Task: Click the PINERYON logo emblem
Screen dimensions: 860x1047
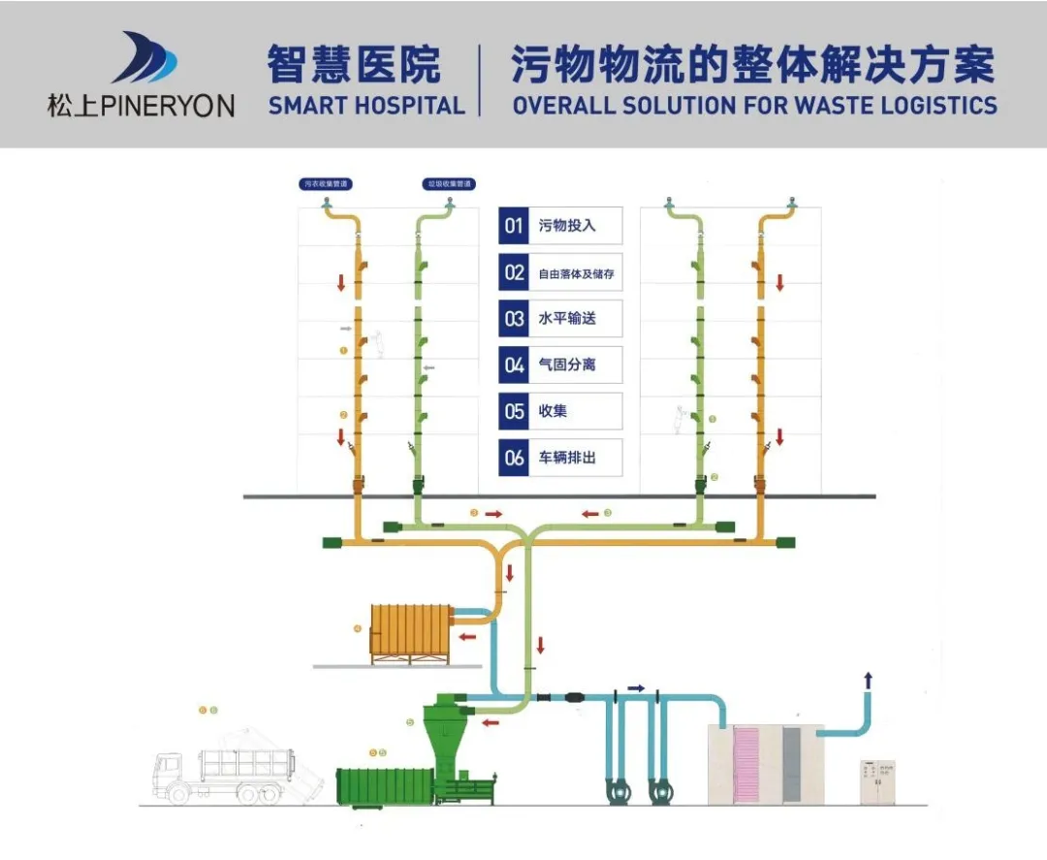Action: pyautogui.click(x=144, y=58)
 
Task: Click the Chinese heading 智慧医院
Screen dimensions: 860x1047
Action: pyautogui.click(x=354, y=65)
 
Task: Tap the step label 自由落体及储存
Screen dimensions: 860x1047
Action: pyautogui.click(x=576, y=273)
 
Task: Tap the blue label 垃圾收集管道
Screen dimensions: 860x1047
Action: pyautogui.click(x=449, y=182)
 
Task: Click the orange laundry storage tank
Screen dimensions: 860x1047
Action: pyautogui.click(x=413, y=631)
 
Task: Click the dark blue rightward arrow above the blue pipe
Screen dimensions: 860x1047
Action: pyautogui.click(x=636, y=687)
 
